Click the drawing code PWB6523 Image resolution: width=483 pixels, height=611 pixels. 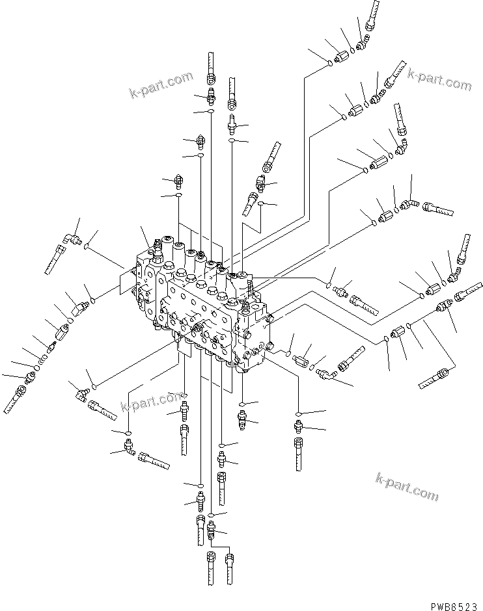point(453,604)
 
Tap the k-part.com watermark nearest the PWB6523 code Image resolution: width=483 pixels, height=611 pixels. point(407,487)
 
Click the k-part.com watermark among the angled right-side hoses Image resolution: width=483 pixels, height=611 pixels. point(439,80)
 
